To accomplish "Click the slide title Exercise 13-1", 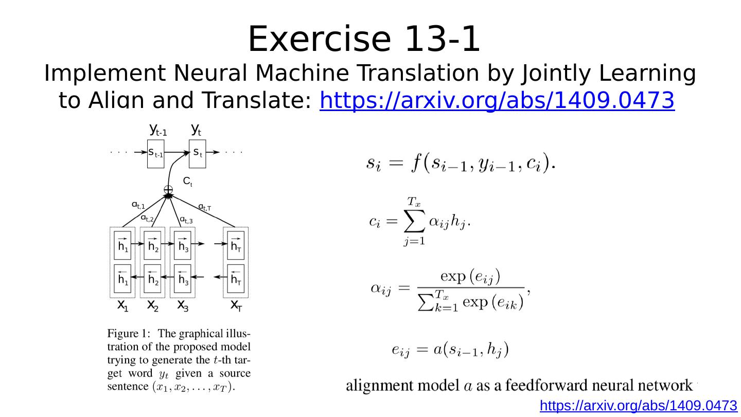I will (364, 39).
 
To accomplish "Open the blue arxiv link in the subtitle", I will (497, 100).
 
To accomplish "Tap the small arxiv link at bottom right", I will (638, 406).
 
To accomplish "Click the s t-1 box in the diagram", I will (155, 153).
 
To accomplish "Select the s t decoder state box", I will (197, 153).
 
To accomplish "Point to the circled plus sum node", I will (168, 190).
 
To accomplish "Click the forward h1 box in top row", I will (122, 245).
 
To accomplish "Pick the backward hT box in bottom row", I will (236, 279).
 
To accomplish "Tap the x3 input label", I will (183, 306).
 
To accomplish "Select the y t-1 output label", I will (157, 130).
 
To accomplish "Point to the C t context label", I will (188, 182).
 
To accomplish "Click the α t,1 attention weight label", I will (138, 206).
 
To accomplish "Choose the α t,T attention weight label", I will (205, 207).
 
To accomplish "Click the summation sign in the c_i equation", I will (411, 223).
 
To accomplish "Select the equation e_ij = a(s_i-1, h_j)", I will (450, 351).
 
